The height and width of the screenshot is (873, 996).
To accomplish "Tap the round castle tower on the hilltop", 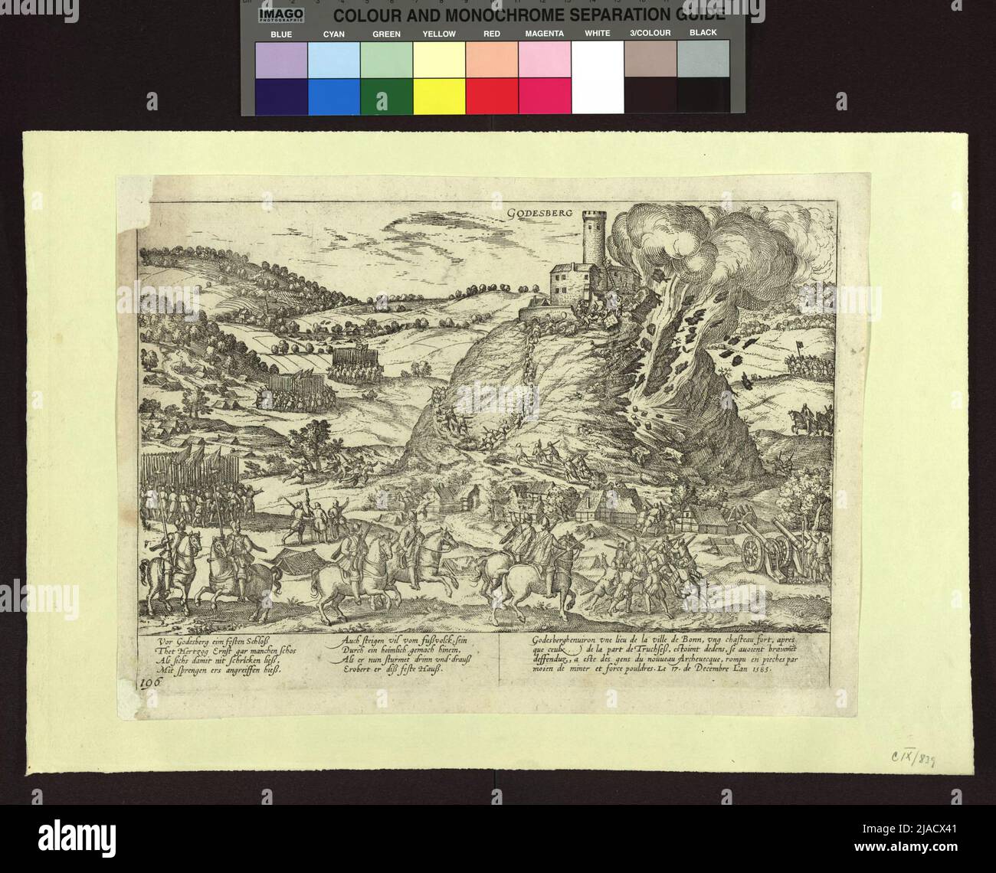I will (594, 238).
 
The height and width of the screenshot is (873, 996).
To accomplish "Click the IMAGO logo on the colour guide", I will (281, 15).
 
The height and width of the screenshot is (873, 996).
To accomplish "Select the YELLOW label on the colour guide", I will (439, 34).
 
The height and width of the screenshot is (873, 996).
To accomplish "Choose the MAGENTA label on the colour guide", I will (544, 34).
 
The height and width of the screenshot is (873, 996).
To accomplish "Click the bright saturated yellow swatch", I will (439, 96).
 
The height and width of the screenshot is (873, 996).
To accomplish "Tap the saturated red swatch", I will (492, 96).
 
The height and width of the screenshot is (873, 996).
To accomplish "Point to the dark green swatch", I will (386, 96).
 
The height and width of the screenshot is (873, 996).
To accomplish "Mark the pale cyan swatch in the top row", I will (333, 59).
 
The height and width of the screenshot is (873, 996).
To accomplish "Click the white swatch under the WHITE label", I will (598, 77).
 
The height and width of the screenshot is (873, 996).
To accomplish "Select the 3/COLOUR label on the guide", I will (650, 34).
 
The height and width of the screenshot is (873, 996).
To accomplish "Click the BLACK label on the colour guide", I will (703, 34).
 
